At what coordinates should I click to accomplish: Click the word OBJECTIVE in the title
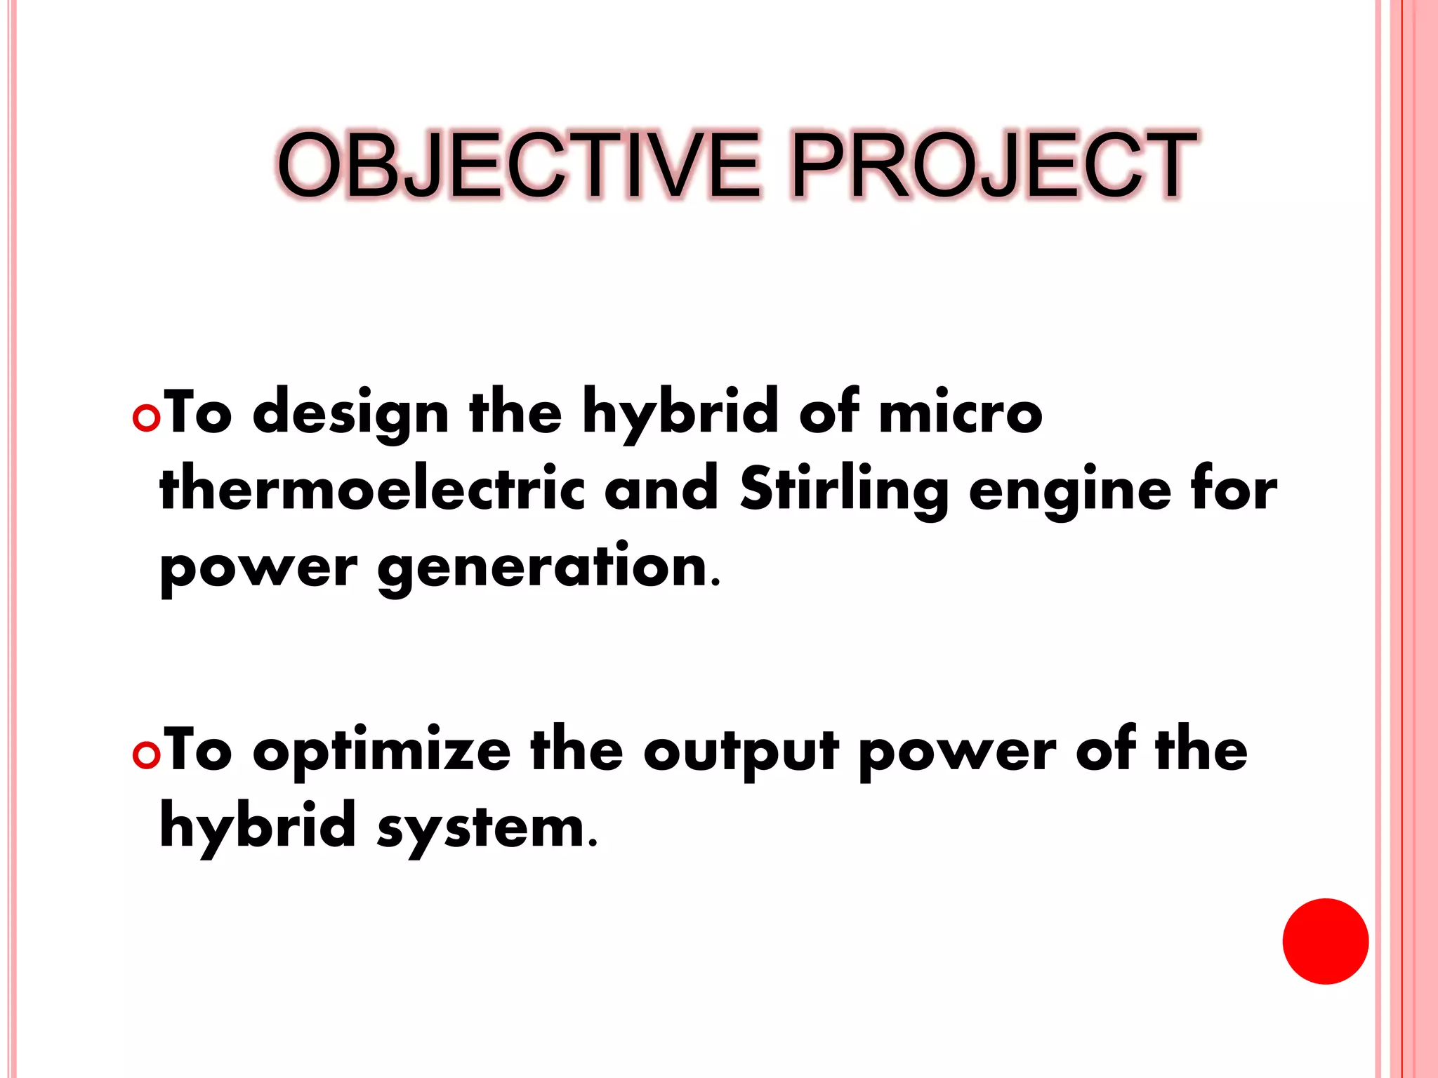518,166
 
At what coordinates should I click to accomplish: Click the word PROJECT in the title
993,166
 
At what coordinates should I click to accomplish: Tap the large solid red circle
1325,941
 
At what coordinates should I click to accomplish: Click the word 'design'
350,414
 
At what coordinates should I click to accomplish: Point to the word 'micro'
960,414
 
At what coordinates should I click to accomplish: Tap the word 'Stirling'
843,489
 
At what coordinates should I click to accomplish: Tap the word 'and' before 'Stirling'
661,489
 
